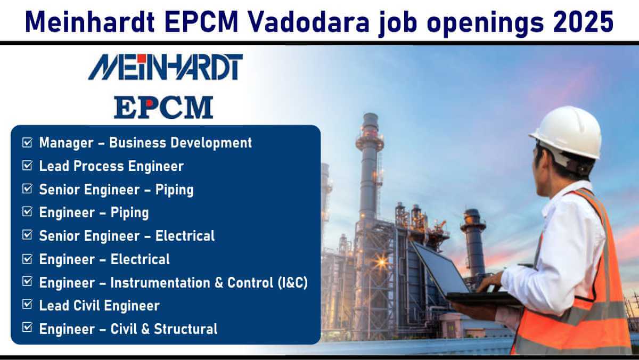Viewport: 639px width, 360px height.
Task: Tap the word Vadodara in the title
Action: point(309,22)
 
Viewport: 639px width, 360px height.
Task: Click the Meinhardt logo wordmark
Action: point(166,67)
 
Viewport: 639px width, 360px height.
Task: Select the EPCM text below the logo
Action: point(163,107)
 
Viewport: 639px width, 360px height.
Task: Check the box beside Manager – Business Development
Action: point(27,142)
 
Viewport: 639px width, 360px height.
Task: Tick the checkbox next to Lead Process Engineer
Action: point(27,166)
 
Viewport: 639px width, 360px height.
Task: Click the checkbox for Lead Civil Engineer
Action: point(27,305)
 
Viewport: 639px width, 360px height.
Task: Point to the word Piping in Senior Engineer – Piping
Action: point(174,190)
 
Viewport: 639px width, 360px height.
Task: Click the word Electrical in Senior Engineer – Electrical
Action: point(185,236)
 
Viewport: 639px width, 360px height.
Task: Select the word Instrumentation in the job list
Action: point(160,283)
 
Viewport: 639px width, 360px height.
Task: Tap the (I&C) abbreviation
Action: point(293,283)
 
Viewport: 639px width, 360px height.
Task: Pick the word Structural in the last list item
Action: point(186,329)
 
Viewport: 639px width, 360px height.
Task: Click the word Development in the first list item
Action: point(211,143)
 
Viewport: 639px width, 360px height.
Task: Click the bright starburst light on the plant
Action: point(381,263)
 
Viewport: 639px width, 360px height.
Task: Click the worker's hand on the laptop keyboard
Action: point(489,282)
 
